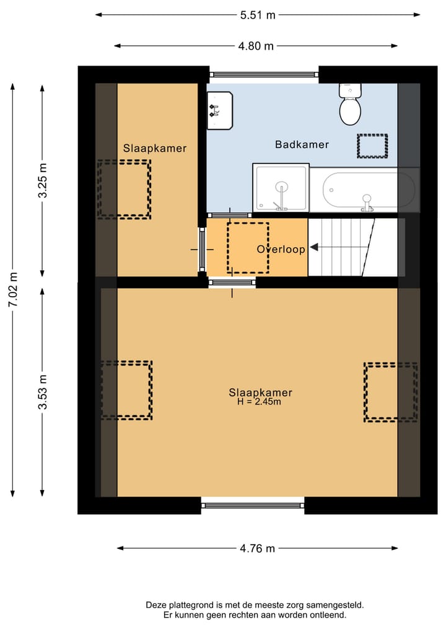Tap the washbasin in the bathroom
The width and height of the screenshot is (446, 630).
(x=219, y=110)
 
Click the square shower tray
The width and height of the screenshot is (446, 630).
(x=281, y=188)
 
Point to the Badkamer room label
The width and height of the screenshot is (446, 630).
(x=302, y=144)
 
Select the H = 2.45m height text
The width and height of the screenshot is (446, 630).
(x=259, y=402)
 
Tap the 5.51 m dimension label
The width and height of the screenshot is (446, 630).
(x=257, y=15)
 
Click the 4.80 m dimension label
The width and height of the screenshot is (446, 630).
(x=256, y=46)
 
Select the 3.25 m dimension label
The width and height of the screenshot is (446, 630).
(x=42, y=181)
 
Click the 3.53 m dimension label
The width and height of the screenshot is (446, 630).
(x=42, y=392)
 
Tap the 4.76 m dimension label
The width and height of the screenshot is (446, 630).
(x=257, y=548)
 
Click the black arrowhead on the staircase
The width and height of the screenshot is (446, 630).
(x=314, y=247)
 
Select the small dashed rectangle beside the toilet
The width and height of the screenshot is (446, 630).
(x=372, y=146)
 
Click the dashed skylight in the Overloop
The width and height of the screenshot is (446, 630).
(x=248, y=248)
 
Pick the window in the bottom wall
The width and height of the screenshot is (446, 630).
(x=253, y=505)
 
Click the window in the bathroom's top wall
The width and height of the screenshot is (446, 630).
(x=264, y=74)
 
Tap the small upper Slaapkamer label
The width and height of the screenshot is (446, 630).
(x=155, y=148)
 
